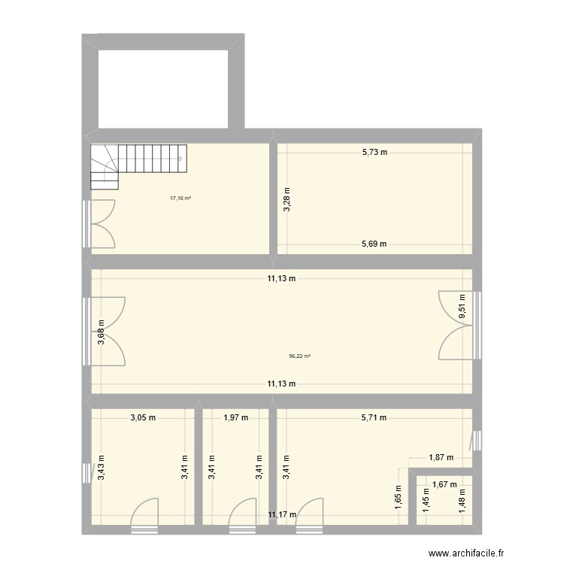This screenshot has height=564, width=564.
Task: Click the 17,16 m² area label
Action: click(x=180, y=199)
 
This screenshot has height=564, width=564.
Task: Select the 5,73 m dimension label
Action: click(x=374, y=152)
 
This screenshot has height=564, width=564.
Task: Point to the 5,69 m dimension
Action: click(x=373, y=244)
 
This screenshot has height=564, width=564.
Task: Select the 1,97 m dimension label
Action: click(x=235, y=418)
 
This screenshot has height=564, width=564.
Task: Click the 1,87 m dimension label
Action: click(x=441, y=456)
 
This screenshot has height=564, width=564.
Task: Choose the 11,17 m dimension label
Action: click(x=283, y=515)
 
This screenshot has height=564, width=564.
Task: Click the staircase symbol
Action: click(x=139, y=165)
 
